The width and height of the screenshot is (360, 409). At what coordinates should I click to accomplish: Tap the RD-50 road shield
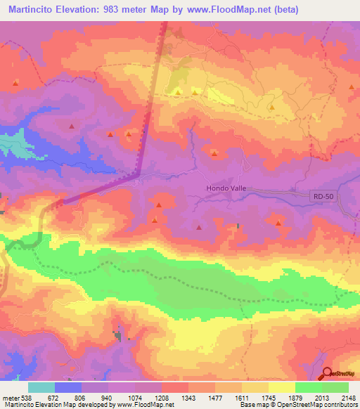(x=320, y=199)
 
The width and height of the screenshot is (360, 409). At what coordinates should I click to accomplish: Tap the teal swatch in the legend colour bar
(x=41, y=387)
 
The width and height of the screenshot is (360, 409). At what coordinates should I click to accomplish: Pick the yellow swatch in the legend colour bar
(x=282, y=387)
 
